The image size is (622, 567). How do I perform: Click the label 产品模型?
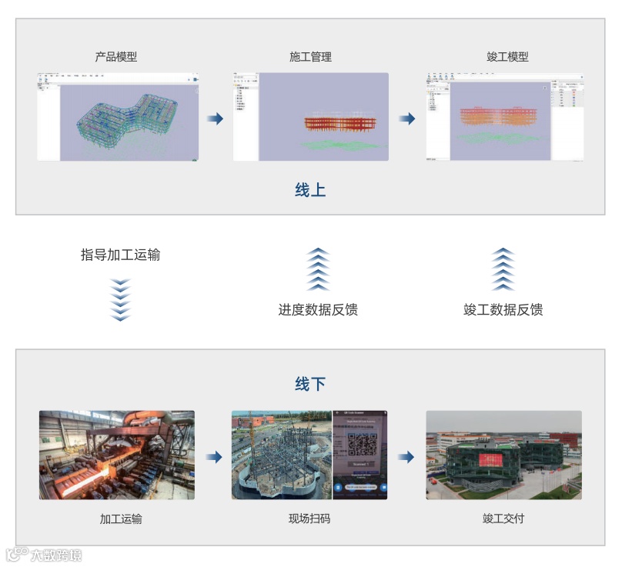116,57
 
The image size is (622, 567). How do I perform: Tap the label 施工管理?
310,57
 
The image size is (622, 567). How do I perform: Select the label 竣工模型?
507,57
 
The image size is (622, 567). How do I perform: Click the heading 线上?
310,190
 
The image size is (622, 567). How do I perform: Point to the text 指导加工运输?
120,255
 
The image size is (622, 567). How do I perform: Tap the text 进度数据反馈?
318,310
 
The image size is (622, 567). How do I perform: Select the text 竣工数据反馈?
503,310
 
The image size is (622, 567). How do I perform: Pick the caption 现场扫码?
309,519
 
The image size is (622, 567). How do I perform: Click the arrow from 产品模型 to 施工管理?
215,118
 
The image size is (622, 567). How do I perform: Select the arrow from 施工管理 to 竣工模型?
407,118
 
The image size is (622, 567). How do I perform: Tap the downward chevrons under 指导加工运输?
121,299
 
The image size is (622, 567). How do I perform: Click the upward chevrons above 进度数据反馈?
318,268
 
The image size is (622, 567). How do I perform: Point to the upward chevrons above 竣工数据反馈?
503,268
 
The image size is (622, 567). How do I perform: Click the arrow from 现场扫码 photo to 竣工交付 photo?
406,457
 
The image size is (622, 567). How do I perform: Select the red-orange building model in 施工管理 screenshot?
336,122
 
